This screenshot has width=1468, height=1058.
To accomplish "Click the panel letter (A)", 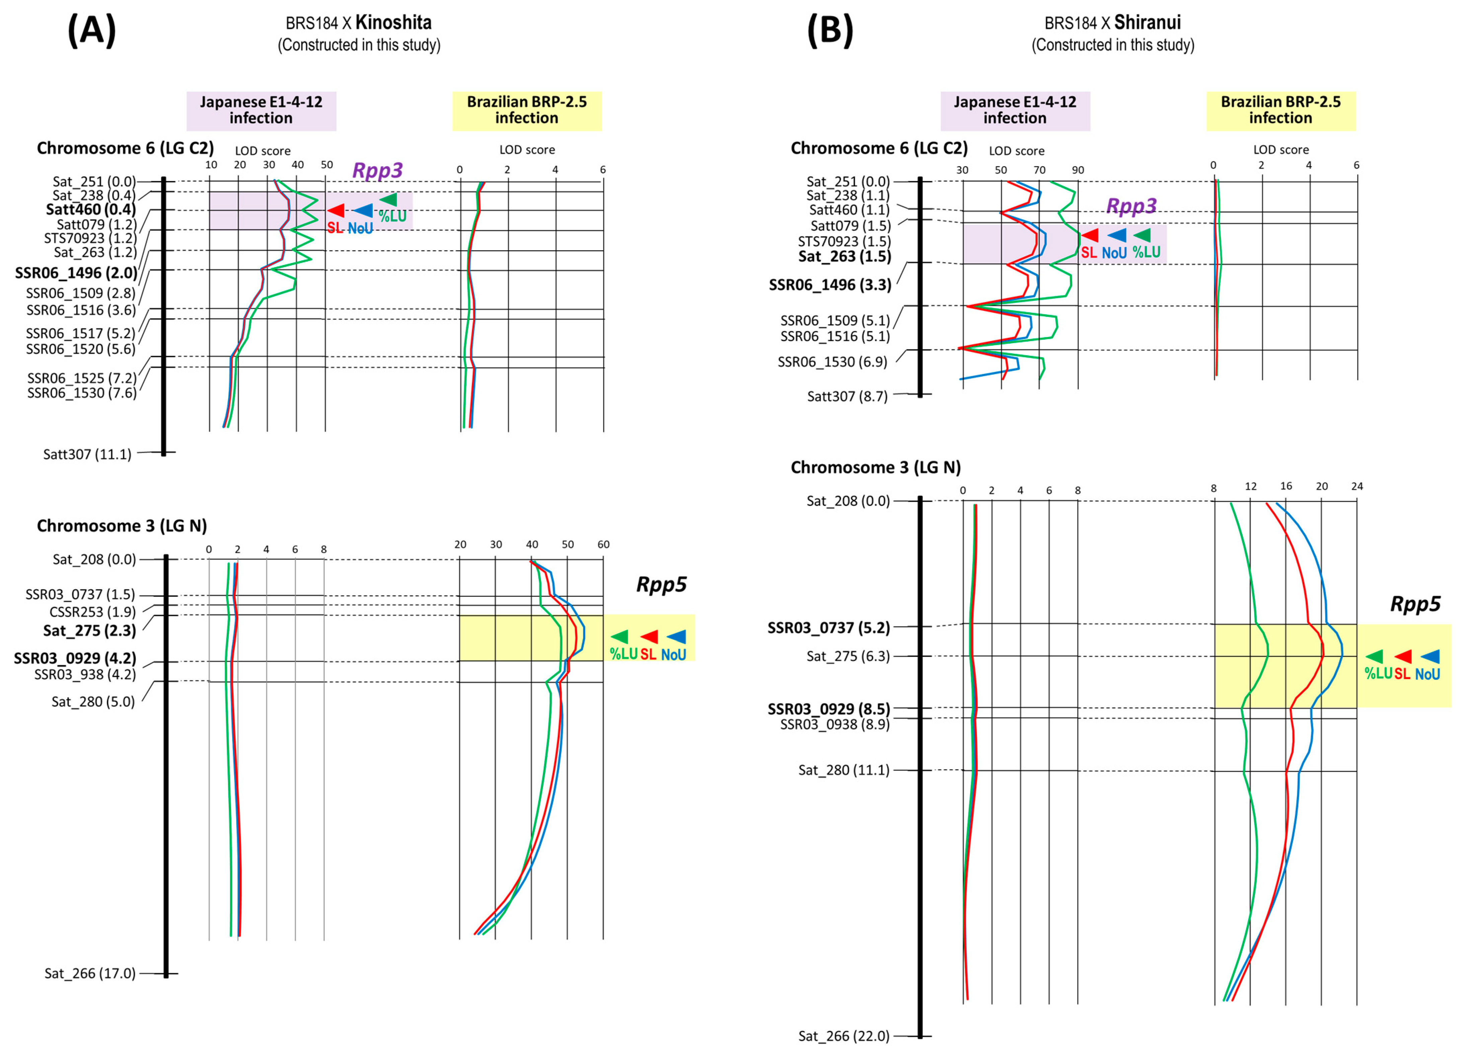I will coord(92,30).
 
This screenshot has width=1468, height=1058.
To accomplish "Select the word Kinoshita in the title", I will coord(393,23).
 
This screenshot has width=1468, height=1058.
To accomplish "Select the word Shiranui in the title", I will coord(1148,23).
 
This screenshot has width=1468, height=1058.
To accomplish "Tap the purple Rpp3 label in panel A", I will coord(377,170).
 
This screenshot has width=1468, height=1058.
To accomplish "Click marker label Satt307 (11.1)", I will coord(87,455).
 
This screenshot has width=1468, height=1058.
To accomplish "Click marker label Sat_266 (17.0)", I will coord(90,973).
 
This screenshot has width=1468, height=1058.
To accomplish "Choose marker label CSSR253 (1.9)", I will coord(92,612).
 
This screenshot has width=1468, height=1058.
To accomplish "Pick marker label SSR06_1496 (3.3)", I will coord(830,285).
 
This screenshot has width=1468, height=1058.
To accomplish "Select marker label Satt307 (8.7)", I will coord(847,396).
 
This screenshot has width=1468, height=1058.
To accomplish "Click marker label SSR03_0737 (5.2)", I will coord(828,627).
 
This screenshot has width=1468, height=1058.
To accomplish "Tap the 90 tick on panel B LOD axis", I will coord(1078,170).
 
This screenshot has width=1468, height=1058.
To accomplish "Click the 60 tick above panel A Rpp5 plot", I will coord(603,544).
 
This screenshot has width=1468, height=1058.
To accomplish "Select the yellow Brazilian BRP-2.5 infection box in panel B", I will coord(1280,111).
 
